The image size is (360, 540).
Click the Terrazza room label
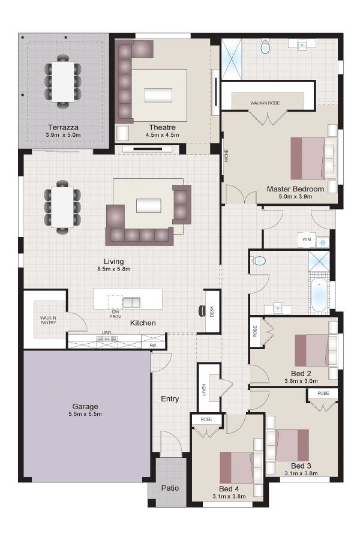tap(63, 127)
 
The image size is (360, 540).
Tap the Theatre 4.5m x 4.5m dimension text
tap(162, 135)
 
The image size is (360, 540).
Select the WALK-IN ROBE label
tap(265, 103)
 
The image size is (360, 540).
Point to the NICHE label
tap(226, 155)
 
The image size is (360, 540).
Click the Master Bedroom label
tap(295, 189)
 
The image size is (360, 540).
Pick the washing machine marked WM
tap(307, 239)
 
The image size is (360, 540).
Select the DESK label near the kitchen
tap(212, 311)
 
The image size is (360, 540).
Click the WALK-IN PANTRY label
tap(48, 320)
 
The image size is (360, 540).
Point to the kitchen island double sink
tap(131, 302)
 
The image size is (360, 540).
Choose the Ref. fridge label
tap(154, 345)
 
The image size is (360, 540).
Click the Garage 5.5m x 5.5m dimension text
tap(85, 414)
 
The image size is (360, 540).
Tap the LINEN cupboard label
tap(204, 390)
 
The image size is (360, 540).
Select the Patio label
tap(170, 488)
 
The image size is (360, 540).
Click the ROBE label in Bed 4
tap(206, 419)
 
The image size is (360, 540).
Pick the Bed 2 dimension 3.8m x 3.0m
tap(301, 381)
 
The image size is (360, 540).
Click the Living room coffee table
tap(148, 206)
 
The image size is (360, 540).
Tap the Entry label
tap(170, 399)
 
